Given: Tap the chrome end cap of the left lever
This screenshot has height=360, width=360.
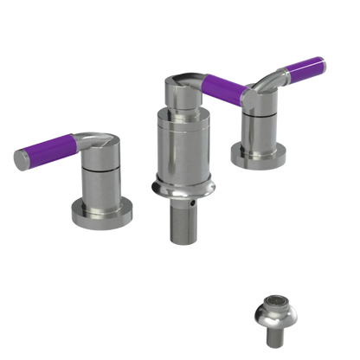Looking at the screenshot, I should point(17,157).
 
